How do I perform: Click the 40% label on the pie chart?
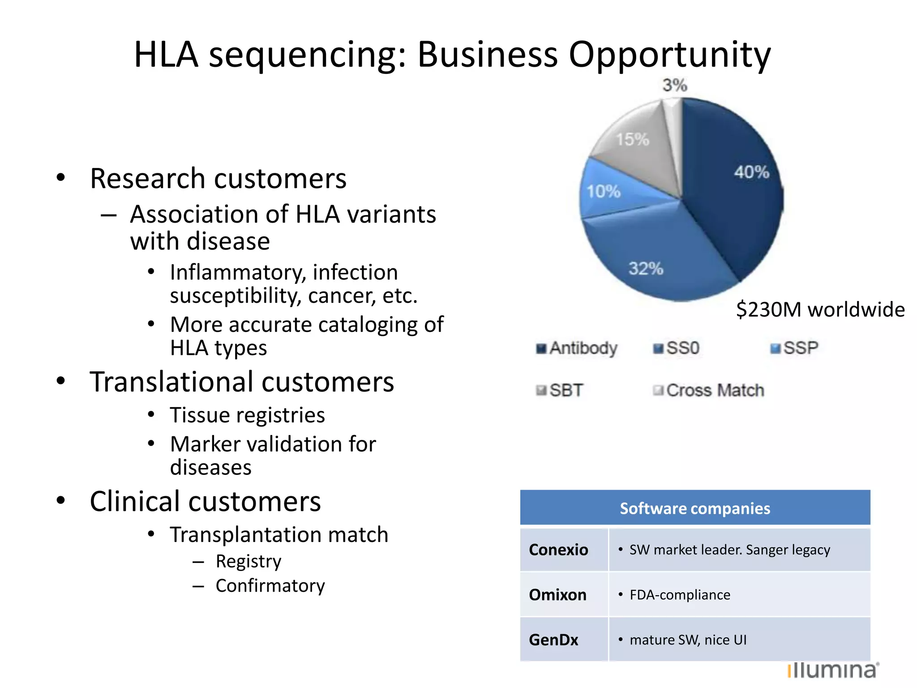751,172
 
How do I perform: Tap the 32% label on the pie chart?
646,269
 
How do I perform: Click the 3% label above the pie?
675,85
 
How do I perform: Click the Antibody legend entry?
578,348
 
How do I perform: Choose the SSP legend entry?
795,348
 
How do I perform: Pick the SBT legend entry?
561,390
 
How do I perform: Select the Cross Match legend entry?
709,390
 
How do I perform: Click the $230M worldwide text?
820,310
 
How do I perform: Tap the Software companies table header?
695,508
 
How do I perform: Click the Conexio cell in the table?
559,550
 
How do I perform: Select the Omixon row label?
558,595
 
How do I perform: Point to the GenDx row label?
554,640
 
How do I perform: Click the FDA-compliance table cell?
680,595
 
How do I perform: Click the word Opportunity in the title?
670,55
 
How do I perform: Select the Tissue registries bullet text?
247,415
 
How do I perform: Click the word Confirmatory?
270,586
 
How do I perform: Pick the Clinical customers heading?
205,501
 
